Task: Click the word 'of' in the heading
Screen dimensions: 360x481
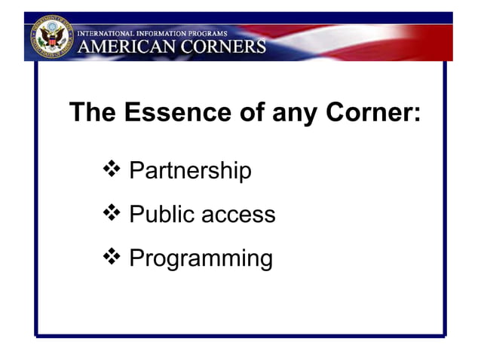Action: (245, 113)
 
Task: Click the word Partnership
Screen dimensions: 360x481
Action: (190, 171)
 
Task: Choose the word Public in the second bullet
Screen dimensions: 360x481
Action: (163, 215)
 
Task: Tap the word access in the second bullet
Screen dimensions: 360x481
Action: (239, 215)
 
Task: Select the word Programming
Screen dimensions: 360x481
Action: (201, 259)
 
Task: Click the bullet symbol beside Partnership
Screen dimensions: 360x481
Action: (110, 170)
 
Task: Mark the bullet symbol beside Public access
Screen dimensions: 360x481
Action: (110, 214)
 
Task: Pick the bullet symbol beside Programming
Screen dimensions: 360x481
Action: (110, 258)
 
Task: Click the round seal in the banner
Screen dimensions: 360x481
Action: (51, 38)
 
